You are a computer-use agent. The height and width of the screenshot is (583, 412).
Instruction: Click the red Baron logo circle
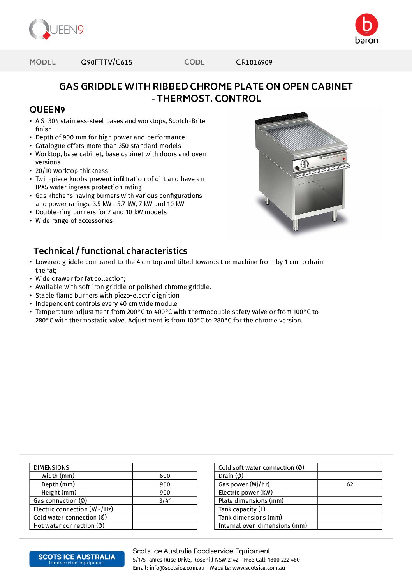pos(366,25)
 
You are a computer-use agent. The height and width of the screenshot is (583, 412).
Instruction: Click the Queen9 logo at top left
pos(56,30)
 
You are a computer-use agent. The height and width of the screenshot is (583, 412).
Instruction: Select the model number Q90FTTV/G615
pos(106,62)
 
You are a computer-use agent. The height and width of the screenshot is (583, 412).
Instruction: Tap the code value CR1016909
pos(254,62)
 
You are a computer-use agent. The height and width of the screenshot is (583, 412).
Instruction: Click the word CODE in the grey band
pos(194,62)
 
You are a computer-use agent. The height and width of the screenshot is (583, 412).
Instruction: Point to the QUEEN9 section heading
pos(47,110)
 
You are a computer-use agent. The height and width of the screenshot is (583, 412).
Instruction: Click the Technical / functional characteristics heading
pos(110,251)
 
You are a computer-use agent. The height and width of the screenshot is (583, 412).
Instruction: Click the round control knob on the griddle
pos(305,164)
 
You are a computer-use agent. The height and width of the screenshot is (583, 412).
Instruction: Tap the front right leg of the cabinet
pos(334,215)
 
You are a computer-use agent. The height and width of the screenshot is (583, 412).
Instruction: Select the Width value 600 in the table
pos(165,476)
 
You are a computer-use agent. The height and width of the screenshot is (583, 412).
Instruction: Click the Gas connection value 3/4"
pos(165,501)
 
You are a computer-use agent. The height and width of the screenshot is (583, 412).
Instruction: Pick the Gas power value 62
pos(350,484)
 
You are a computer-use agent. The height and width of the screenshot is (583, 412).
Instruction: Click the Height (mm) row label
pos(59,493)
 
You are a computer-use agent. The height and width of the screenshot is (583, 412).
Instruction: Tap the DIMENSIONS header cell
pos(51,468)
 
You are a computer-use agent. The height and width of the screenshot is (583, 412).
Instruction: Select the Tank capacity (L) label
pos(242,509)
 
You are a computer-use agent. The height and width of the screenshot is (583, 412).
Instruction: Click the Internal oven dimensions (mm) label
pos(262,526)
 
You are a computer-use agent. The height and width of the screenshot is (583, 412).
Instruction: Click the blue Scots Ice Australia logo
pos(77,559)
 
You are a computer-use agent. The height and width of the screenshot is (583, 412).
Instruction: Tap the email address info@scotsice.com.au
pos(177,568)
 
